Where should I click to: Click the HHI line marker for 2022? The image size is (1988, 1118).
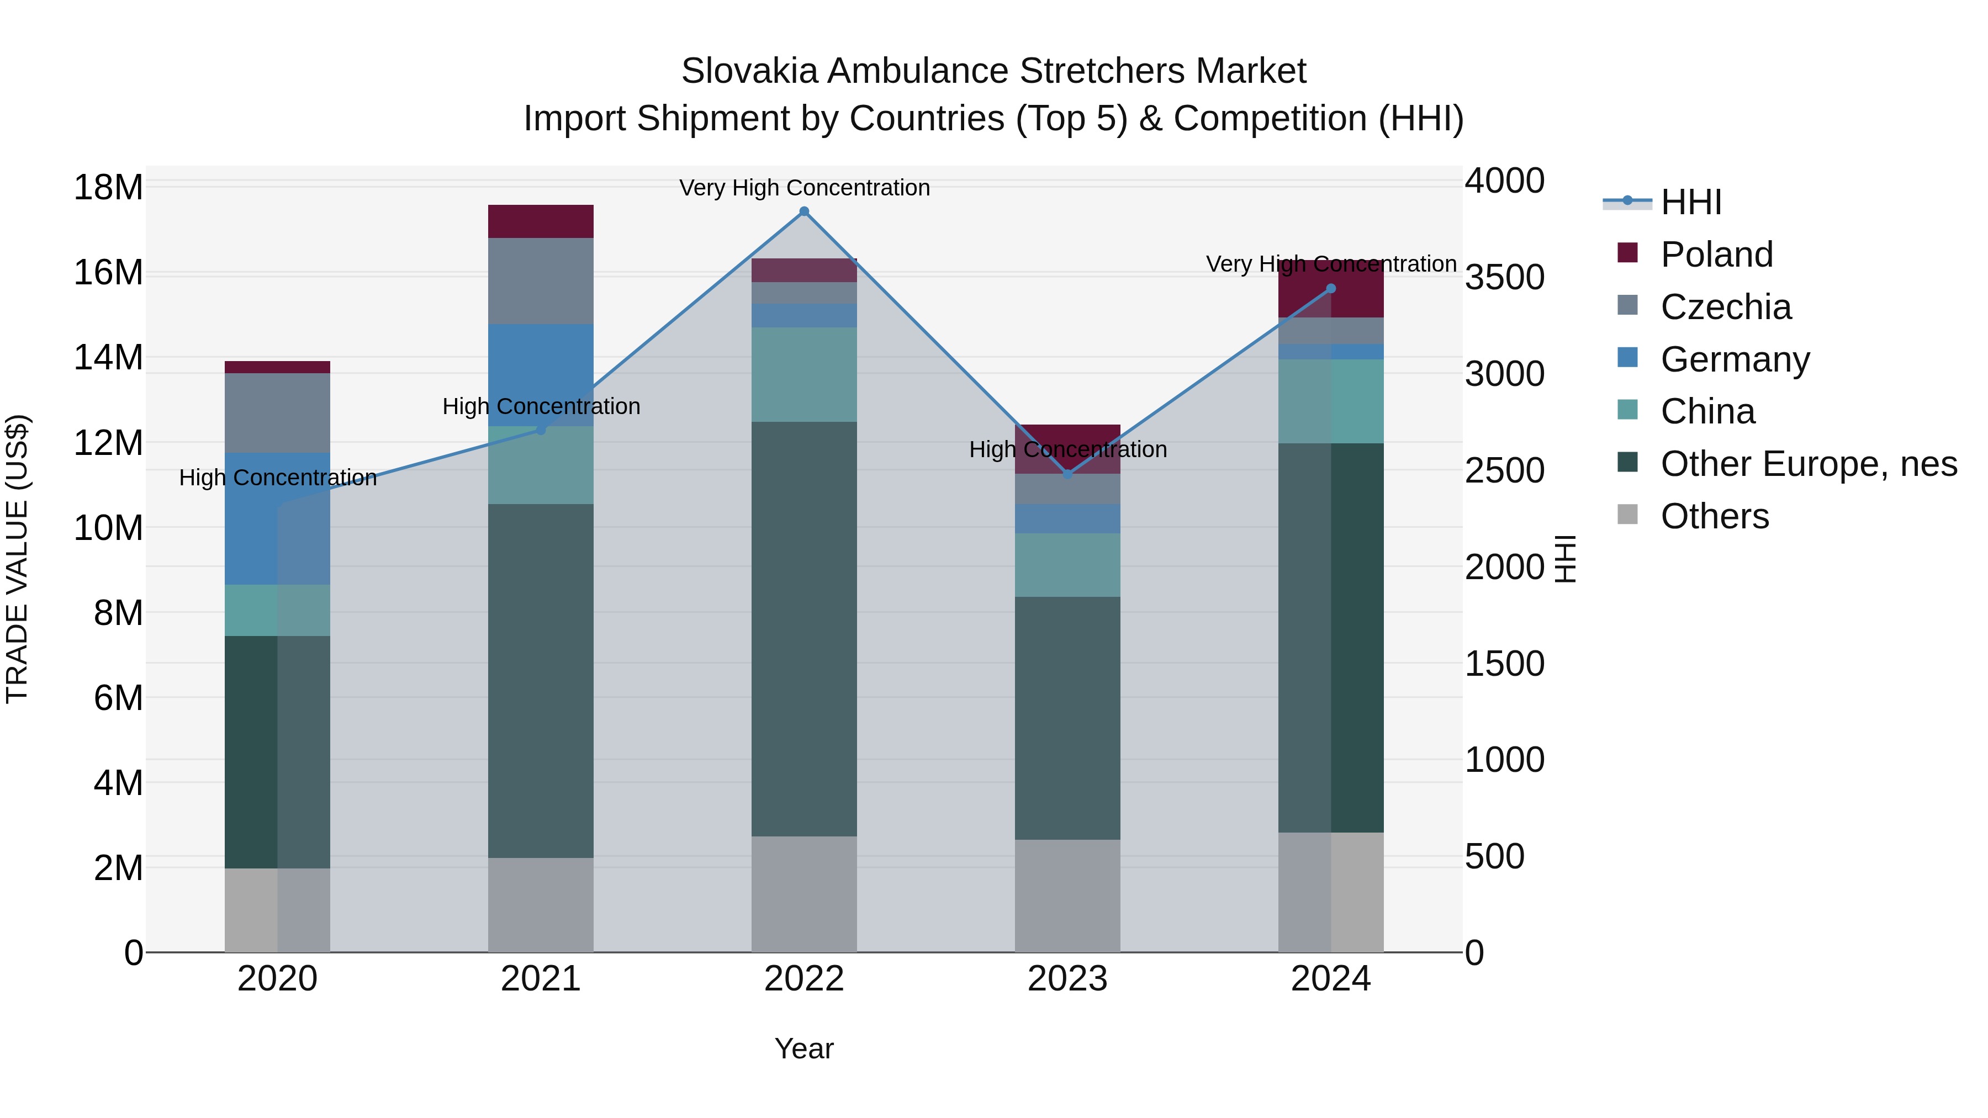pos(804,211)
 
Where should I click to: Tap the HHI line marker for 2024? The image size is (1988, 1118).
pos(1330,289)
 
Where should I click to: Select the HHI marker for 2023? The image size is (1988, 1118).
pos(1067,474)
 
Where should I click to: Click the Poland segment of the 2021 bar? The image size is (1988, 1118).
pos(540,221)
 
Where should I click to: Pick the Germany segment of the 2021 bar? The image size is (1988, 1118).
pos(540,375)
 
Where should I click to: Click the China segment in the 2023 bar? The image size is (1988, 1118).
pos(1067,565)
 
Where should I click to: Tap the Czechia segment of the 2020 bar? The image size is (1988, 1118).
pos(277,413)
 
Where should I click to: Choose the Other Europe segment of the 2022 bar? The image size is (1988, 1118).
pos(804,629)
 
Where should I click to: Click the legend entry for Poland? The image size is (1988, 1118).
pos(1716,254)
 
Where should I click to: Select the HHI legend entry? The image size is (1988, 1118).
pos(1690,202)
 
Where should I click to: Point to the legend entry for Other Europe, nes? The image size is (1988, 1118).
pos(1807,464)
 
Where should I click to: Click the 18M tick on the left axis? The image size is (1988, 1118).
pos(108,188)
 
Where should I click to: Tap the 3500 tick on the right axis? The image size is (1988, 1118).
pos(1504,278)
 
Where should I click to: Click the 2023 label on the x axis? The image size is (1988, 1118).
pos(1067,979)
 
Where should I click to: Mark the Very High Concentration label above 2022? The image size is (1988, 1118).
pos(804,188)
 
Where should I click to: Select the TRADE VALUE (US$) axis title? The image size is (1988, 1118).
pos(17,559)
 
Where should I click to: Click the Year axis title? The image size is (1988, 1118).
pos(804,1048)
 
